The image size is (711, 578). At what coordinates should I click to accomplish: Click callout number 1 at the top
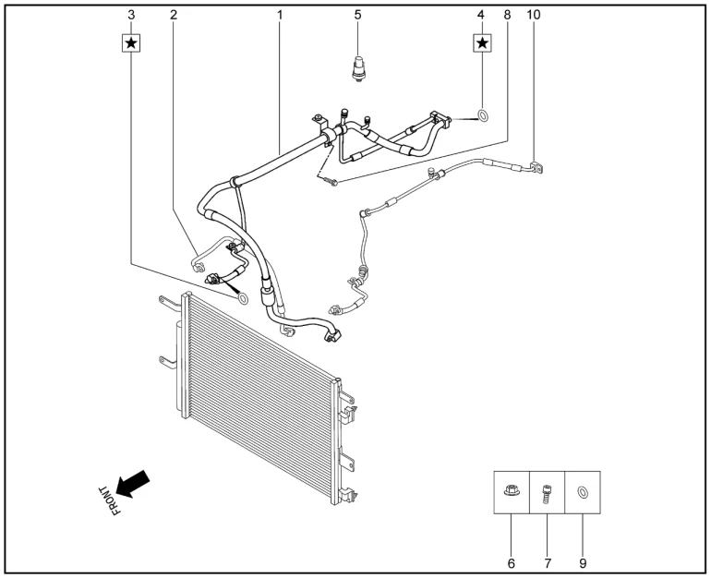[280, 15]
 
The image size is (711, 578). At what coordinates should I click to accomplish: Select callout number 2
[174, 15]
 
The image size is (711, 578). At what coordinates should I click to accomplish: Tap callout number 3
[131, 15]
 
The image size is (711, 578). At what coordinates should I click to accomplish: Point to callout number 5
[357, 15]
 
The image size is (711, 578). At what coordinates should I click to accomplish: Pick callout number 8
[507, 15]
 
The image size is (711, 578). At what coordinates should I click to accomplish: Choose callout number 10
[534, 15]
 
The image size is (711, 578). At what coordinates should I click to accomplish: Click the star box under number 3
[131, 43]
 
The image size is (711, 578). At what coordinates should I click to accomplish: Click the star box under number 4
[482, 43]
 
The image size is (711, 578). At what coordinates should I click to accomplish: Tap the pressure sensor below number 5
[358, 69]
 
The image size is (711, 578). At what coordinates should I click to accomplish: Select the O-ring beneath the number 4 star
[483, 115]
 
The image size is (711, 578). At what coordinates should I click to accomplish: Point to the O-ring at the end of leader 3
[243, 298]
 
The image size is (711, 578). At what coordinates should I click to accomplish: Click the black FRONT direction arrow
[132, 484]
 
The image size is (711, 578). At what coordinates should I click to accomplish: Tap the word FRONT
[110, 501]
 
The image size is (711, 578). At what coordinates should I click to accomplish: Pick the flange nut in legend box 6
[512, 490]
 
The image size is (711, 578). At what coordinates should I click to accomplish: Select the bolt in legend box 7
[547, 493]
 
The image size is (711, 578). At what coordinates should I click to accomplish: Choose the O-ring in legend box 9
[582, 492]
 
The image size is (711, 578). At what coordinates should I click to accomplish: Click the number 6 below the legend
[511, 563]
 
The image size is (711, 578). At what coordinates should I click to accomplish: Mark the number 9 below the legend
[583, 563]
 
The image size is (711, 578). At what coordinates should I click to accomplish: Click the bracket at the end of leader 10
[536, 167]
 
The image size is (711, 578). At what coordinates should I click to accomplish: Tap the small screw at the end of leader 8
[331, 182]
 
